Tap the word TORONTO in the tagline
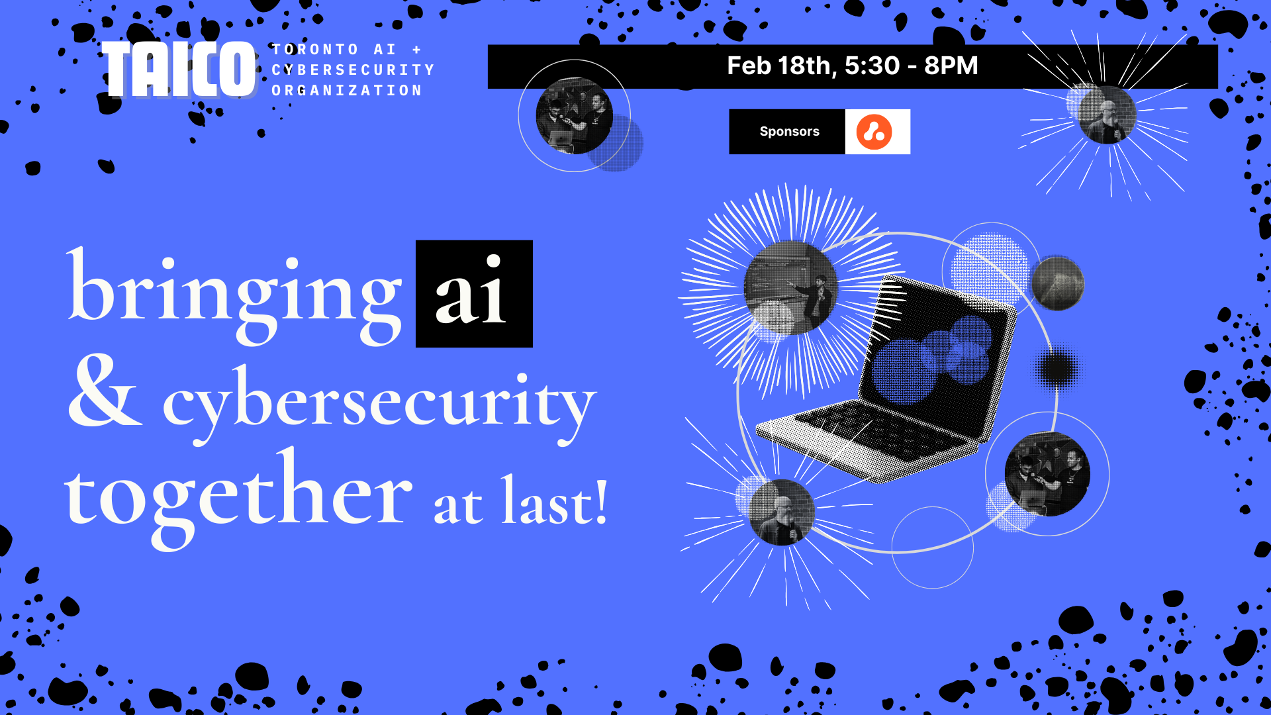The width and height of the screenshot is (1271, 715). (x=315, y=50)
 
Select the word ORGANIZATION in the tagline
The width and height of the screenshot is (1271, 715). (x=347, y=91)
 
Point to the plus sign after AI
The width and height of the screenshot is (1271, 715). (x=417, y=50)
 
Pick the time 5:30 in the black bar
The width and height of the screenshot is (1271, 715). (x=872, y=66)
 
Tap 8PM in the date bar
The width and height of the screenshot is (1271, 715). (x=951, y=66)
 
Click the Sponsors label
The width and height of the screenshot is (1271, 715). (x=789, y=132)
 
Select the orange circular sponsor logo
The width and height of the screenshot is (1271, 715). (x=874, y=132)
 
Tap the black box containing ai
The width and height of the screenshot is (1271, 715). (x=474, y=294)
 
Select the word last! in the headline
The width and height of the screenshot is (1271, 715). (x=554, y=503)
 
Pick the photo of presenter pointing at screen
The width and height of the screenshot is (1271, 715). (x=791, y=288)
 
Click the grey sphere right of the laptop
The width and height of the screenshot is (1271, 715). (x=1058, y=283)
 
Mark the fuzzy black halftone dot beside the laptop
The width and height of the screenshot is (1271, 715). (x=1057, y=368)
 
